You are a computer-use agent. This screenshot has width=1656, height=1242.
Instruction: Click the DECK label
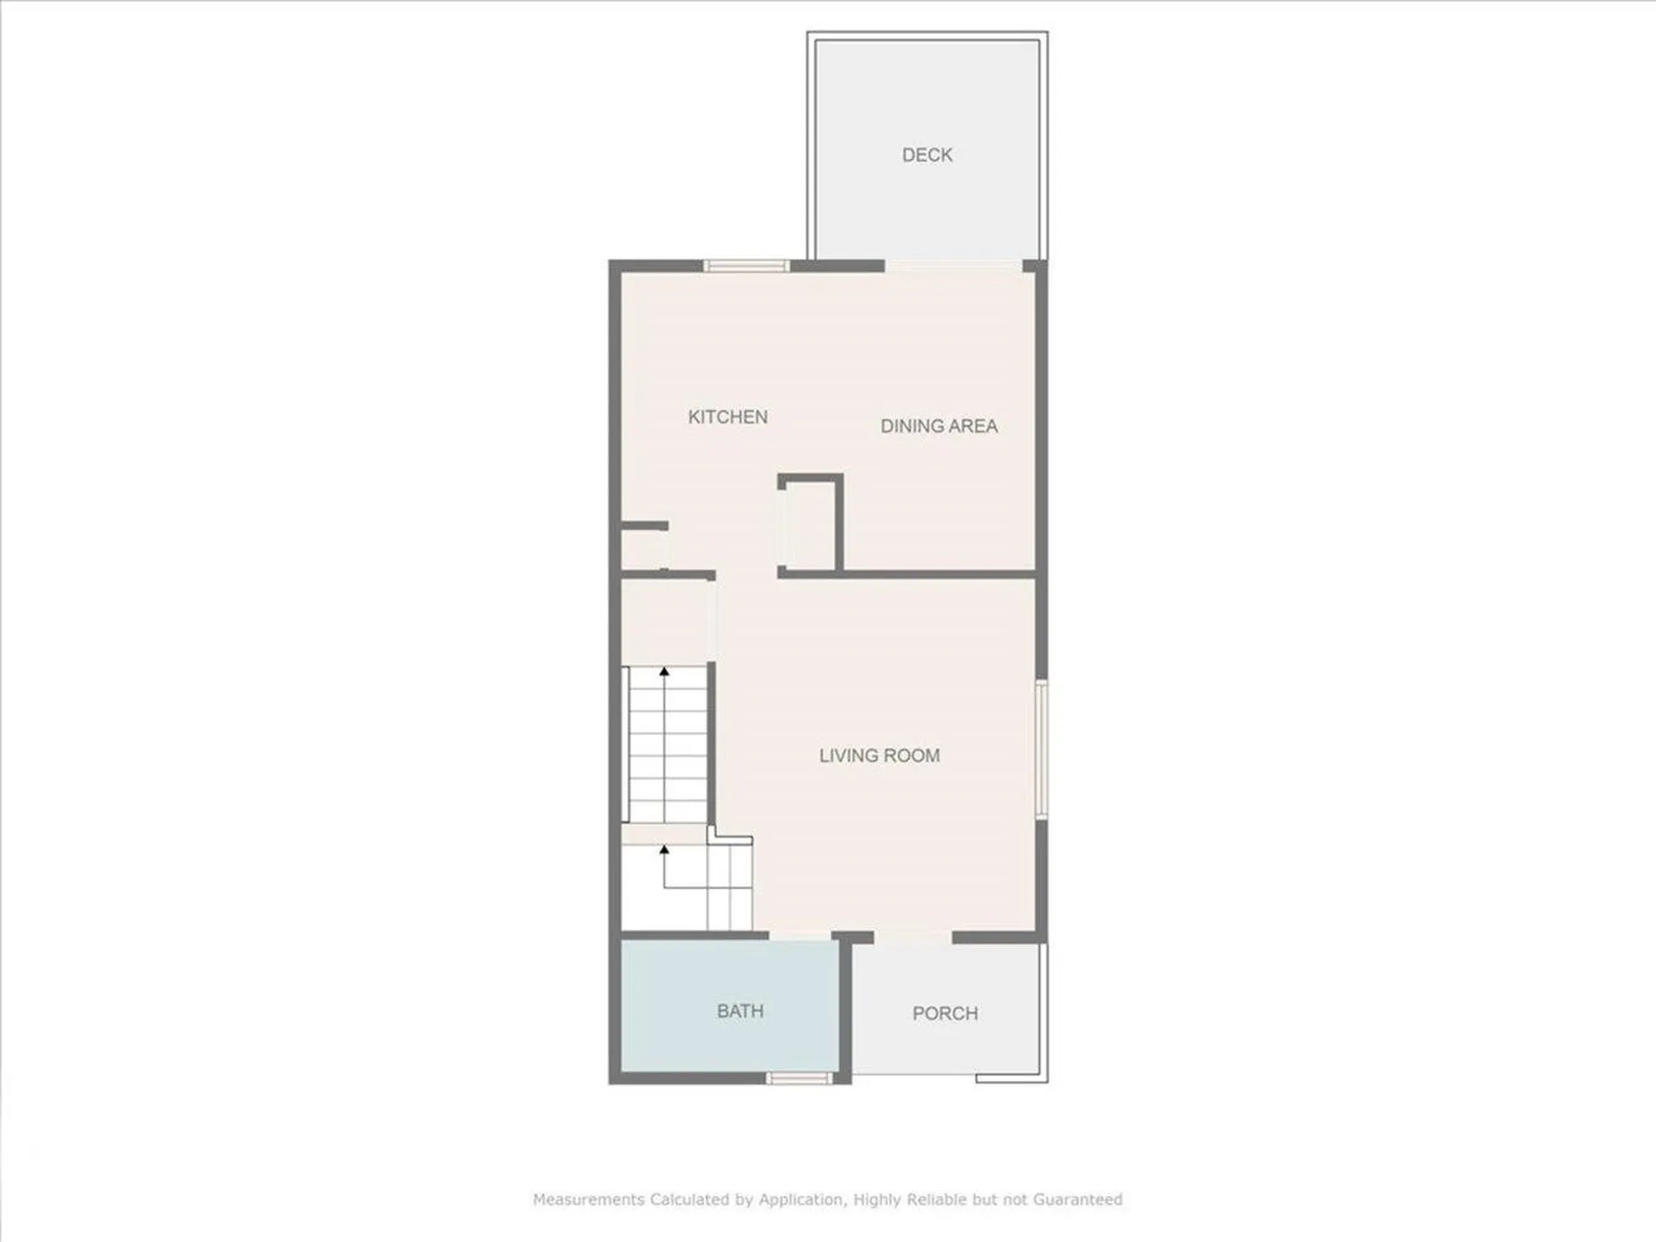(x=927, y=155)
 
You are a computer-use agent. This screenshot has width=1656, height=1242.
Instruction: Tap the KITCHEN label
(x=727, y=417)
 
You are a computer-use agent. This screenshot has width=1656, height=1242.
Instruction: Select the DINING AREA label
(x=938, y=426)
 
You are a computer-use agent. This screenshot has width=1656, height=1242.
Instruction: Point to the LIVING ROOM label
(x=879, y=756)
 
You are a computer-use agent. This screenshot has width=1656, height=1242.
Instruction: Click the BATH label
(x=740, y=1011)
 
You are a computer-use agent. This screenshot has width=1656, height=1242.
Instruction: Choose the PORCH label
(x=945, y=1013)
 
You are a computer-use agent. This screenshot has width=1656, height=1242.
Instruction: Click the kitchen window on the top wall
(x=746, y=266)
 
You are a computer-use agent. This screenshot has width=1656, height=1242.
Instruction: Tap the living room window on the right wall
(x=1041, y=749)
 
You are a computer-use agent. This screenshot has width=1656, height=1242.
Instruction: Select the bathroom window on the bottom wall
(x=800, y=1077)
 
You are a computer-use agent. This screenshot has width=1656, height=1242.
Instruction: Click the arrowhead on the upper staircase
(x=664, y=670)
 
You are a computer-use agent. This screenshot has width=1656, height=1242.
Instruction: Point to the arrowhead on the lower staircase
(x=664, y=850)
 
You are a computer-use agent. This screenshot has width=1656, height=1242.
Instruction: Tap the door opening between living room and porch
(x=913, y=937)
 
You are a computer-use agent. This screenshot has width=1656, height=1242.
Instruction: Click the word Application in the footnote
(x=801, y=1200)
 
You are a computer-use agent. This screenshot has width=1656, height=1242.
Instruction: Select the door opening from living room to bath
(x=800, y=936)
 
